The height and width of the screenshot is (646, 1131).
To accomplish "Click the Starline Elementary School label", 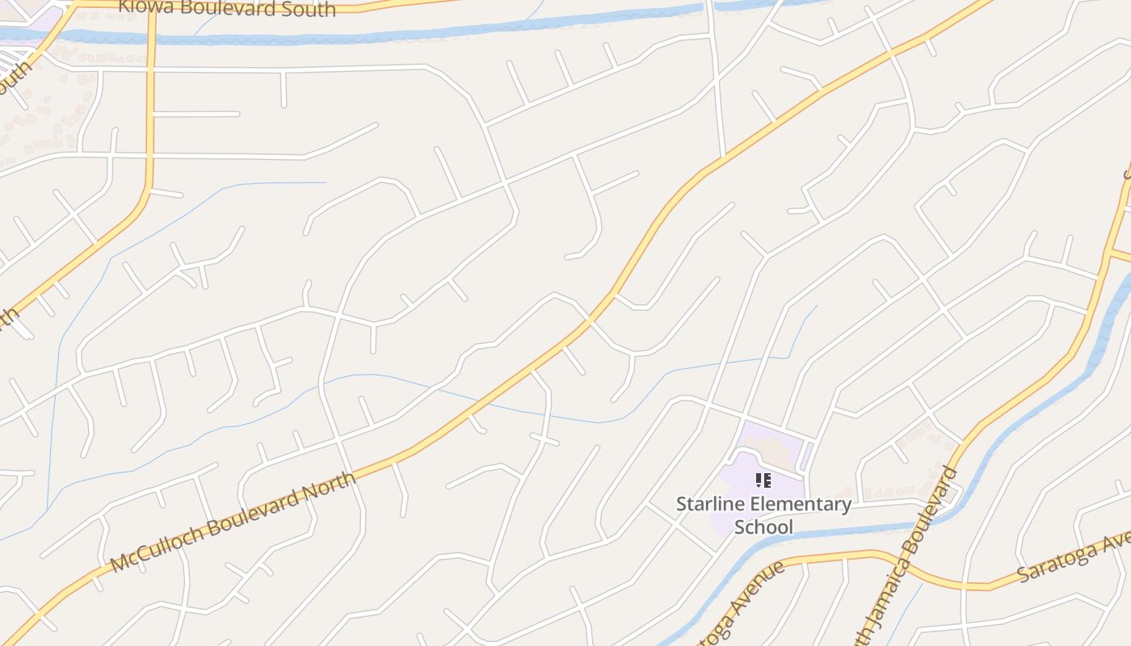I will coord(763,515).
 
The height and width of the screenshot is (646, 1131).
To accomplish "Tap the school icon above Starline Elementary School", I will coord(763,481).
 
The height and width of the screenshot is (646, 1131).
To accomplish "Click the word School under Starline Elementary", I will coord(763,527).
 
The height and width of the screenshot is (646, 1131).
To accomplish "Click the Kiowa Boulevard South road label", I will coord(226,9).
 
